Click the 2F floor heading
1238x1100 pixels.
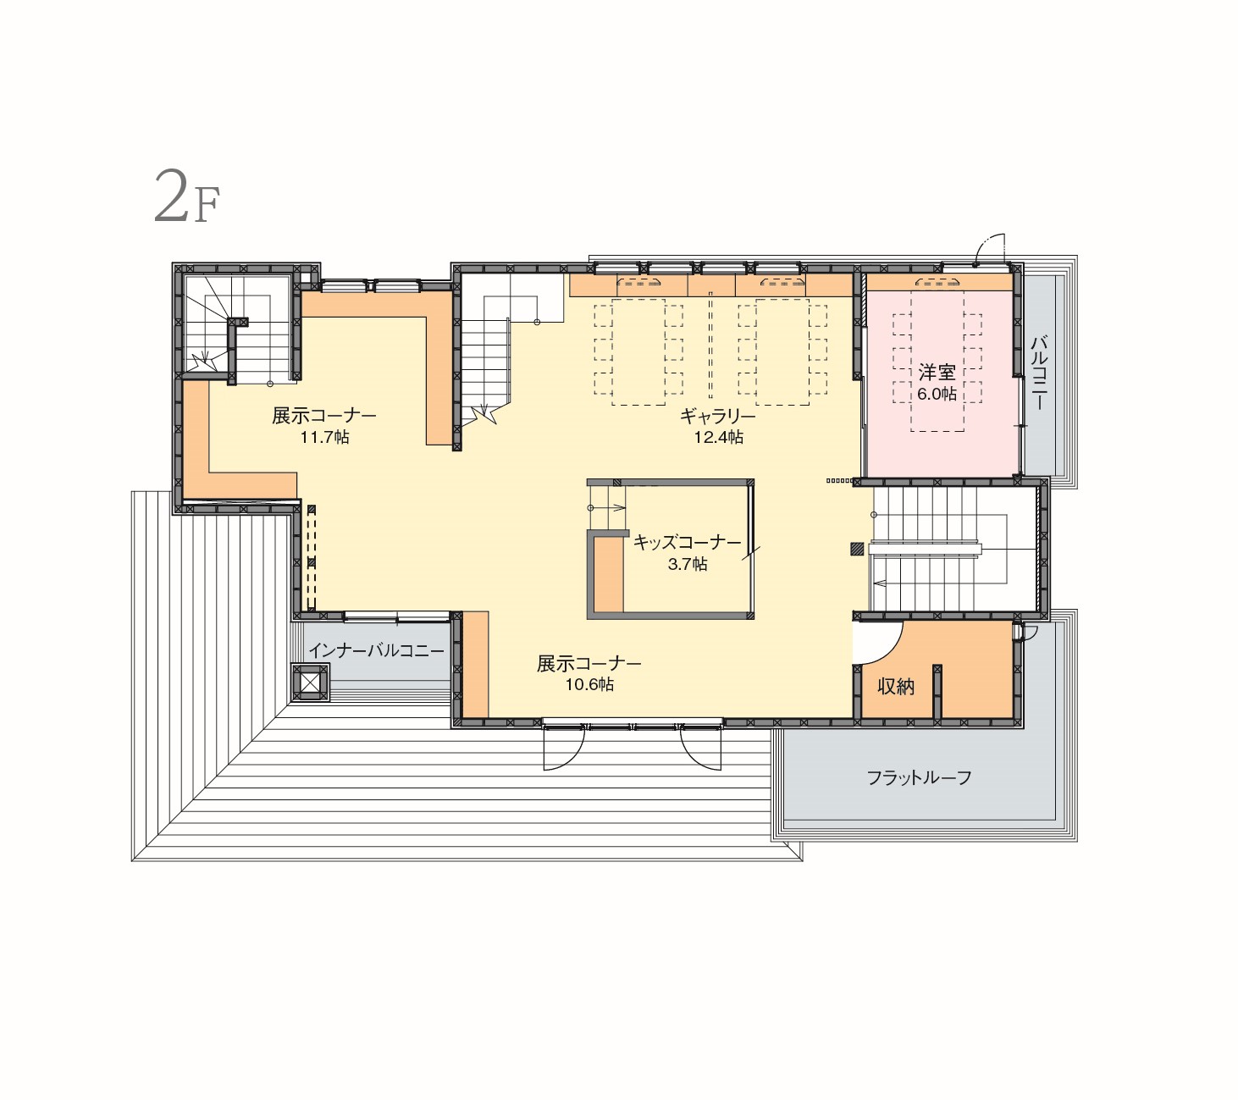(186, 196)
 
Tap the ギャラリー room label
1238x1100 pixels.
(718, 417)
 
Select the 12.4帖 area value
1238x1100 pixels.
(719, 438)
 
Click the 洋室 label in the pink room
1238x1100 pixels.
(937, 373)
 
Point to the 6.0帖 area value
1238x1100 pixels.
(937, 394)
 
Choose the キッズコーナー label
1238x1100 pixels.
(687, 543)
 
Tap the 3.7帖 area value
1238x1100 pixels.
(688, 564)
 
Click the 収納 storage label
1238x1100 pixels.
(896, 687)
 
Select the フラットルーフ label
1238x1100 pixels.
(919, 778)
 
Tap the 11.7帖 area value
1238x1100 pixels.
(324, 438)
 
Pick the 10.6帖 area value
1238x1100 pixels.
(589, 685)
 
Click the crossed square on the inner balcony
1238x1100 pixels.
(311, 683)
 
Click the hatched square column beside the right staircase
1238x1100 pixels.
(856, 550)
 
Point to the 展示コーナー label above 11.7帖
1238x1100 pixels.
(323, 417)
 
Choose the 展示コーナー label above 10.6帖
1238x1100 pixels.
(589, 664)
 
